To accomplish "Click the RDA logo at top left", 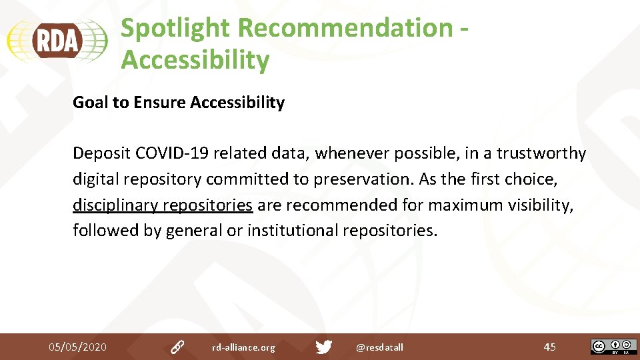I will click(x=57, y=41).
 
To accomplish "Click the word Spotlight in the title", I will click(x=175, y=28).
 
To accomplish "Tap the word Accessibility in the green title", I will click(x=195, y=60).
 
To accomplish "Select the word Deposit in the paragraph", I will click(x=101, y=153).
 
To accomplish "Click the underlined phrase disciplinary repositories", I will click(x=163, y=205).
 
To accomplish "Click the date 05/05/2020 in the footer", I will click(x=77, y=347).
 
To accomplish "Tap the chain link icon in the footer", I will click(x=177, y=347).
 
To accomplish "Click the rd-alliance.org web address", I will click(x=243, y=347).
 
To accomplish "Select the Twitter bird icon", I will click(x=324, y=347).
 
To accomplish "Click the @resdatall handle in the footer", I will click(x=379, y=347).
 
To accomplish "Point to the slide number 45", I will click(x=549, y=347).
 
